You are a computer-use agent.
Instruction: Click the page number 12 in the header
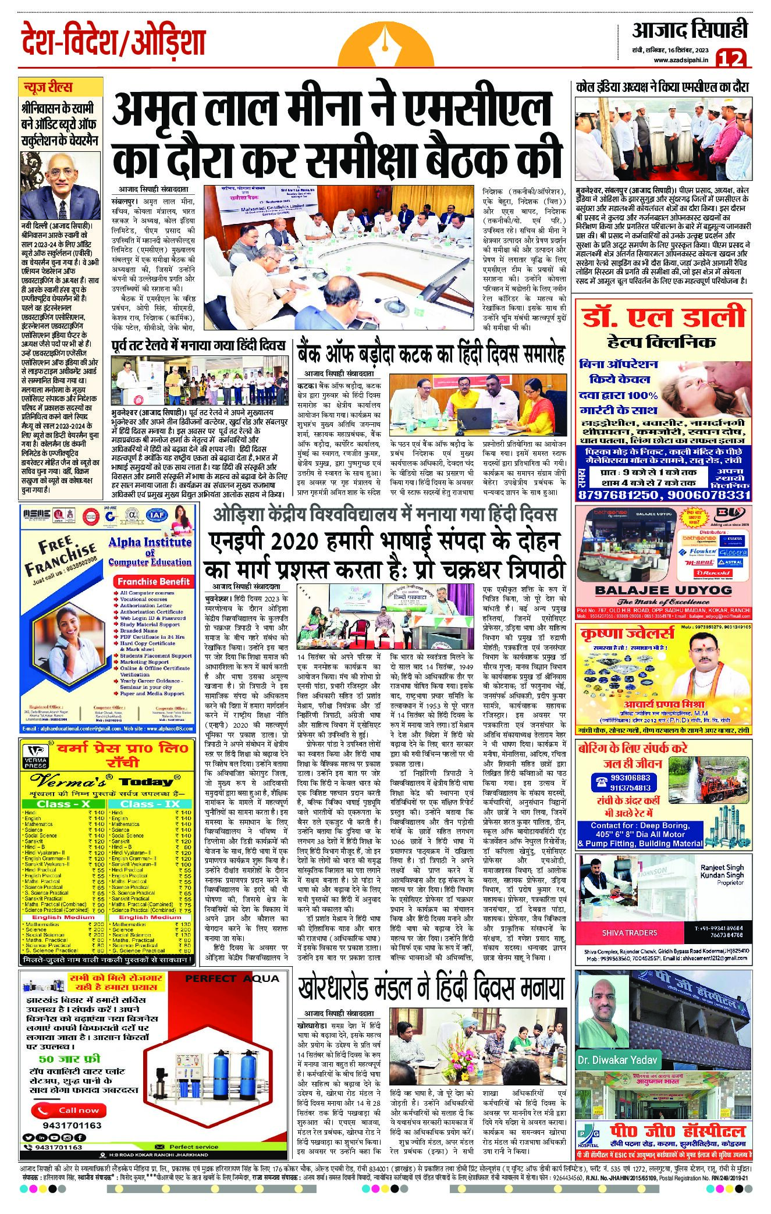point(731,58)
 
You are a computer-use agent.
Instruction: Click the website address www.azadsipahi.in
point(680,60)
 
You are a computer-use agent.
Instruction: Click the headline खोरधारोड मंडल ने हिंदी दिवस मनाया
point(431,987)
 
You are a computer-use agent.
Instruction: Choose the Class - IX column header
point(150,803)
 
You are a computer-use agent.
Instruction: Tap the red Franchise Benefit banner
point(153,581)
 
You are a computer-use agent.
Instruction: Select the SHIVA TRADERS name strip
point(630,932)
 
